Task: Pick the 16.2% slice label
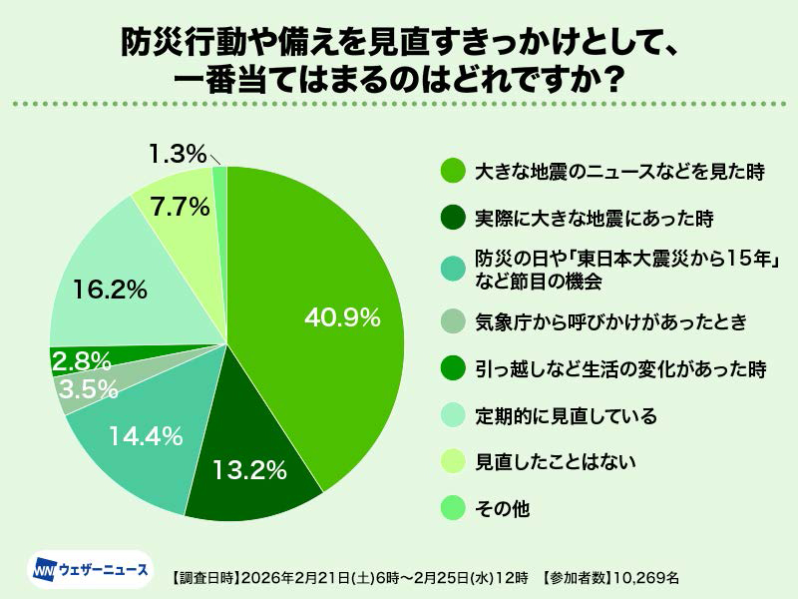[x=111, y=291]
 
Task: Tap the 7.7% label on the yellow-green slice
[x=180, y=208]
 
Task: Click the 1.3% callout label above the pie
[x=178, y=155]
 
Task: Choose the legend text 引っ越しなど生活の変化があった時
[x=619, y=368]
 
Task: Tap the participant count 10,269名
[x=645, y=576]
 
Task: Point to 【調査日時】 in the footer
[x=202, y=576]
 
